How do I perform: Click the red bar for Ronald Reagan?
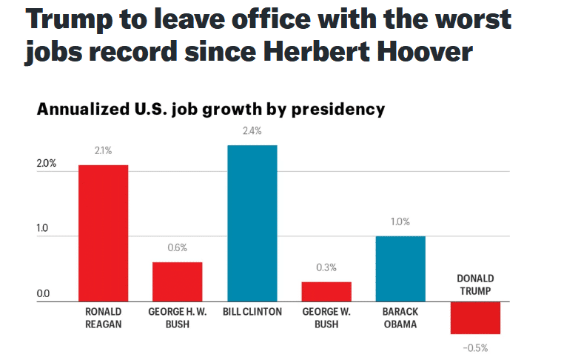[103, 233]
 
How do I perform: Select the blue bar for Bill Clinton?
[252, 223]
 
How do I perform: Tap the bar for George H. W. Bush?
[178, 281]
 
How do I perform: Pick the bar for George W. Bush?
[326, 291]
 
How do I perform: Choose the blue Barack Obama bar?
[400, 269]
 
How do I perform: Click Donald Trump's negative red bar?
[475, 318]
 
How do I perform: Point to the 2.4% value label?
[252, 133]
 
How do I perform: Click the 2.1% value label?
[103, 151]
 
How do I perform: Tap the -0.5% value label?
[475, 347]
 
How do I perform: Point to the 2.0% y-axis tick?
[47, 164]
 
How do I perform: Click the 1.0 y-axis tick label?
[44, 229]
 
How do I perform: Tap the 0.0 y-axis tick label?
[44, 294]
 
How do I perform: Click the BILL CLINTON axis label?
[252, 312]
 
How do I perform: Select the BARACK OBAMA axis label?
[400, 318]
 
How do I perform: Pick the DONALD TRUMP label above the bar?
[475, 285]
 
